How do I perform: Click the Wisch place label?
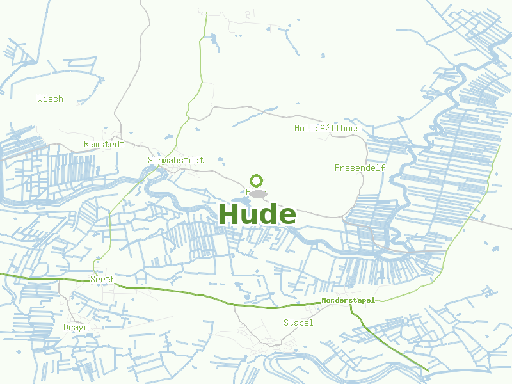(x=50, y=99)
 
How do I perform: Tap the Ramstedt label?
(x=104, y=145)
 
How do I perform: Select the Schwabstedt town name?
(x=175, y=161)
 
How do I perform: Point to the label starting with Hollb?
(x=327, y=129)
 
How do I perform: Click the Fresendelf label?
(x=360, y=168)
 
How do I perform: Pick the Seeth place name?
(x=102, y=280)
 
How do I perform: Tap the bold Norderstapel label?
(x=348, y=300)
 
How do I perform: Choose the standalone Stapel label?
(x=298, y=323)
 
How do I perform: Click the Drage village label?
(x=76, y=328)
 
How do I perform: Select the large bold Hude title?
(x=257, y=214)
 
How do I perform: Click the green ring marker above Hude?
(x=257, y=180)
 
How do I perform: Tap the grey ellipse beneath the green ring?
(x=257, y=193)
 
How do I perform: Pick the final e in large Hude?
(x=287, y=216)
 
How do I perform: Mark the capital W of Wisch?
(x=40, y=99)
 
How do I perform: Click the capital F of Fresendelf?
(x=337, y=168)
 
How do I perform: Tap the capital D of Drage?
(x=66, y=328)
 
